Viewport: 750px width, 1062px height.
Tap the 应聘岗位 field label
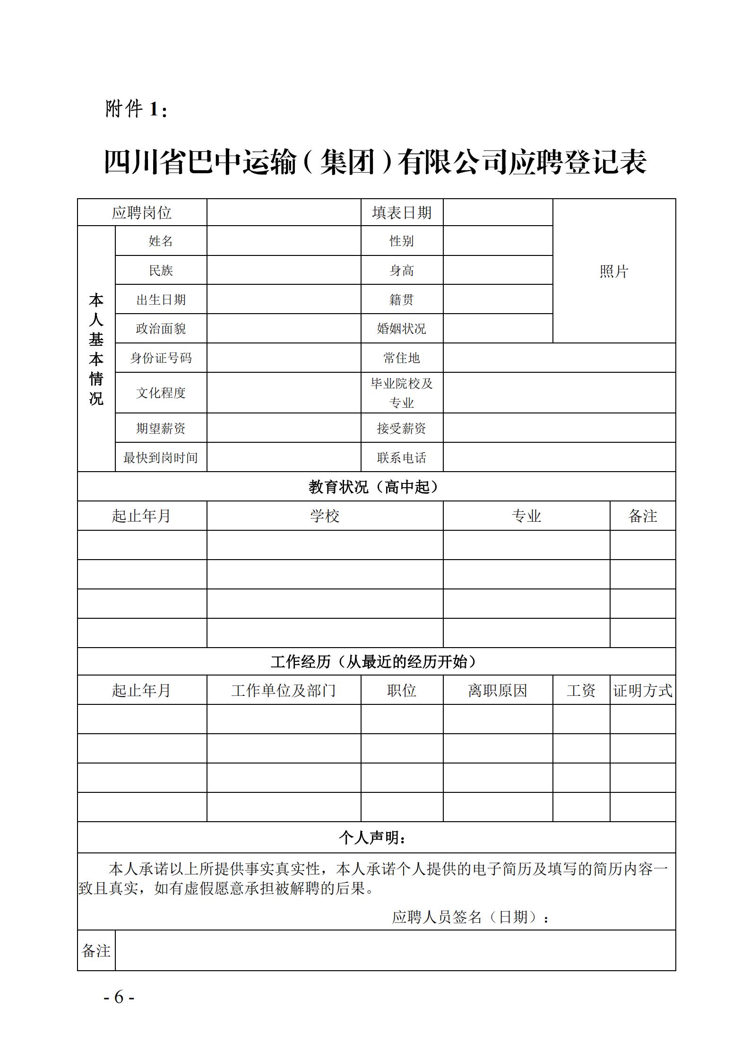[x=142, y=212]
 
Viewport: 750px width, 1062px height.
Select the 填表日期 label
[x=402, y=212]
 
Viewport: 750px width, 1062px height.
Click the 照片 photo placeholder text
[x=614, y=271]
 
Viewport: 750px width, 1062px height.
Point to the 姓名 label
[x=161, y=241]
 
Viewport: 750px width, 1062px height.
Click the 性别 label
[x=402, y=241]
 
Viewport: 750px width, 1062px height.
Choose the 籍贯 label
[x=402, y=299]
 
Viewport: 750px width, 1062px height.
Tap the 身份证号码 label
[x=161, y=358]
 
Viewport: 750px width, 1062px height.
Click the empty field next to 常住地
[x=559, y=358]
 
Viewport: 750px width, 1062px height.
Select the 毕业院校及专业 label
[x=402, y=393]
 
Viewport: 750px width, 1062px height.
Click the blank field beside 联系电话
[x=559, y=457]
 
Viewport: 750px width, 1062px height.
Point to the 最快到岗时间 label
[x=161, y=457]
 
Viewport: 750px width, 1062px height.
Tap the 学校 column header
[x=325, y=516]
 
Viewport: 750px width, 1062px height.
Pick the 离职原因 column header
[x=498, y=691]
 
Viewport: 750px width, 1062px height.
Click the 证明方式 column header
[x=643, y=691]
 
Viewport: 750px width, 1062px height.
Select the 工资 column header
[x=581, y=691]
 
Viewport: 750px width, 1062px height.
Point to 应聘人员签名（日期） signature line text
[x=471, y=917]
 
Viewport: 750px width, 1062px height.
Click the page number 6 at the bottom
[x=119, y=997]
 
